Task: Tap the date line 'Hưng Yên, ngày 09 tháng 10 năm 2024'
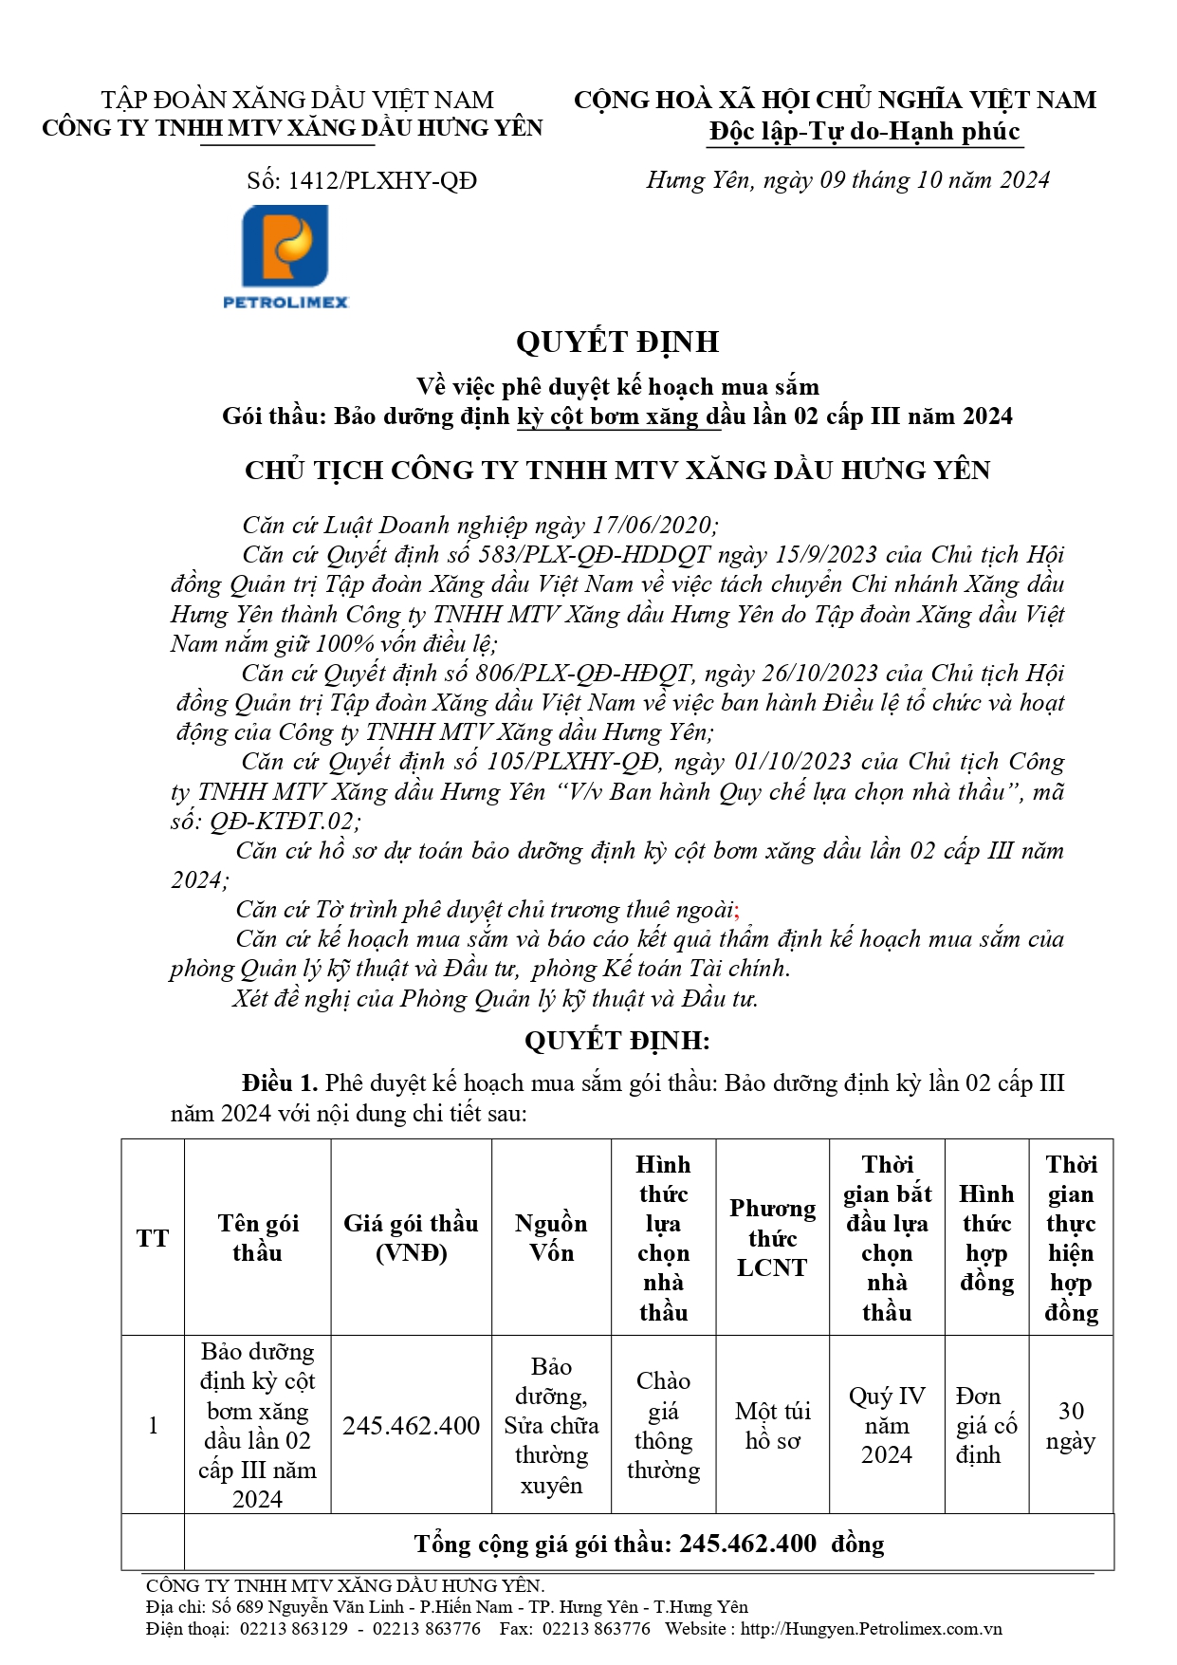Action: (x=848, y=180)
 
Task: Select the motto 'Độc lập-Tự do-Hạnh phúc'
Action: (x=865, y=132)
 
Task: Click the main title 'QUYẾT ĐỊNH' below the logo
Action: (x=617, y=342)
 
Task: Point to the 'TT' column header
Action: (x=153, y=1238)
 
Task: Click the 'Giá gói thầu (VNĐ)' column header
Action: (x=411, y=1238)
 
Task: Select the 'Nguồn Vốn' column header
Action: (x=551, y=1238)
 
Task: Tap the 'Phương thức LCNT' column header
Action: (x=772, y=1238)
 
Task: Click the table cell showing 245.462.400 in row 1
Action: (x=411, y=1425)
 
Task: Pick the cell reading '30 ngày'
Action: (x=1071, y=1425)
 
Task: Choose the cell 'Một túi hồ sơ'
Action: (x=772, y=1425)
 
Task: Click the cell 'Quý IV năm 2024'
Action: (x=887, y=1425)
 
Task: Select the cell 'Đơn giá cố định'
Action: (x=986, y=1425)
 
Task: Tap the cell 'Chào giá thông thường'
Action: (x=663, y=1425)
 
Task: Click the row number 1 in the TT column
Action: (x=153, y=1425)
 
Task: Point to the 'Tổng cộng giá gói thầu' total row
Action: (x=649, y=1544)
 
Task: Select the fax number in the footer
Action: (x=597, y=1629)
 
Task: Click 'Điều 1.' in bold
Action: (x=280, y=1083)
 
